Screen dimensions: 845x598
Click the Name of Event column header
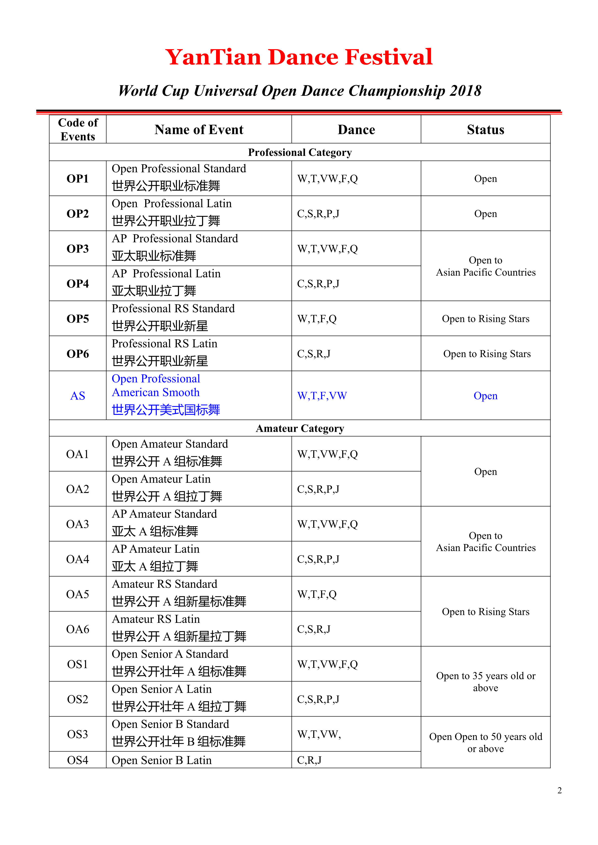pos(199,130)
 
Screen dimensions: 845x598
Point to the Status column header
pos(485,130)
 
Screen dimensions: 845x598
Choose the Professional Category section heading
pos(300,152)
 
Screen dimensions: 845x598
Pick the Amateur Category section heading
pos(300,428)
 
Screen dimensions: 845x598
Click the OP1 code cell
pos(78,179)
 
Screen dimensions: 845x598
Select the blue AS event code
pos(78,396)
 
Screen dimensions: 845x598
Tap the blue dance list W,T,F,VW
pos(322,396)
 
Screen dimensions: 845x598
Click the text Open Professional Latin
pos(172,204)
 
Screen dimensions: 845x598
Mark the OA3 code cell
pos(78,524)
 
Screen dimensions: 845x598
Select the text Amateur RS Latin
pos(156,619)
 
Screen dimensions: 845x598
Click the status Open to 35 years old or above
pos(485,682)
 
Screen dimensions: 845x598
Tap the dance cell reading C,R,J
pos(309,760)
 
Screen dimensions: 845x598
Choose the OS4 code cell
pos(78,760)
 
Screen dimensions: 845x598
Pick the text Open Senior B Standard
pos(170,724)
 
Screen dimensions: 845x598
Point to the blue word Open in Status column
pos(485,396)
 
